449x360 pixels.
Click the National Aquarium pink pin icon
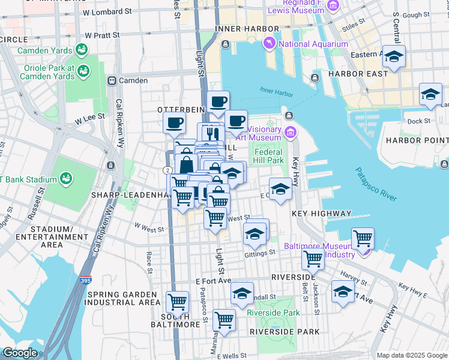270,44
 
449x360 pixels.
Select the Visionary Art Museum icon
291,132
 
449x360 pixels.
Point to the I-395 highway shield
86,280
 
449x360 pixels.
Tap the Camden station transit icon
111,80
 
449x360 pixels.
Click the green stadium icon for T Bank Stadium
64,179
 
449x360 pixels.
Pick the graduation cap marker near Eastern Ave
394,57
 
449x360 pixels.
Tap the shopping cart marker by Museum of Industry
363,238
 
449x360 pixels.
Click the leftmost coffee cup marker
175,123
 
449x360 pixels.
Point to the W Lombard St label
107,12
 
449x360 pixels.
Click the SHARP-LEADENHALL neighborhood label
127,195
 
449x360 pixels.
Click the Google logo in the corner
20,353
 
